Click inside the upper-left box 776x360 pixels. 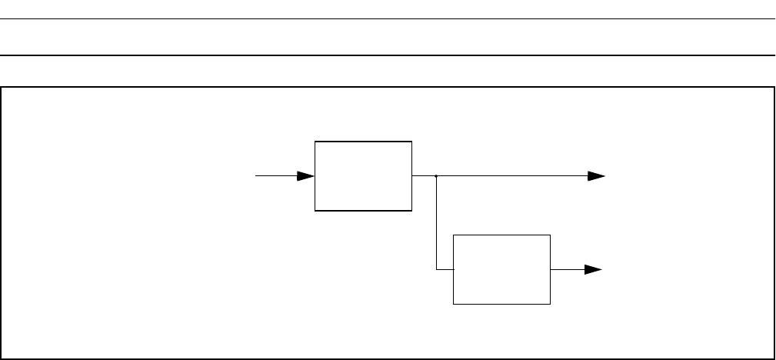[363, 175]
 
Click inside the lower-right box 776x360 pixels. [502, 269]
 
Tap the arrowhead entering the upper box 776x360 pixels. [306, 175]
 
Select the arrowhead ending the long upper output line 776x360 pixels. [596, 175]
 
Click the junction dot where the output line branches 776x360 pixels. [436, 175]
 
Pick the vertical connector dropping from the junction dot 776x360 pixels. [436, 223]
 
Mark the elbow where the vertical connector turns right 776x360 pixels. [436, 269]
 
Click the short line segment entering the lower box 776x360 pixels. [445, 269]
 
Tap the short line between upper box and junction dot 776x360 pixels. [424, 175]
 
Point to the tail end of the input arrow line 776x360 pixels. [257, 175]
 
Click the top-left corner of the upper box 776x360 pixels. [315, 142]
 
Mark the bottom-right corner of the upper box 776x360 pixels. [411, 210]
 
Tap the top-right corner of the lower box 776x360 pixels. [551, 235]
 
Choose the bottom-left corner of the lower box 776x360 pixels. [454, 304]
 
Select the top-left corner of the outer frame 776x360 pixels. [2, 87]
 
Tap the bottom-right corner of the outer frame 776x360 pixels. [773, 358]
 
